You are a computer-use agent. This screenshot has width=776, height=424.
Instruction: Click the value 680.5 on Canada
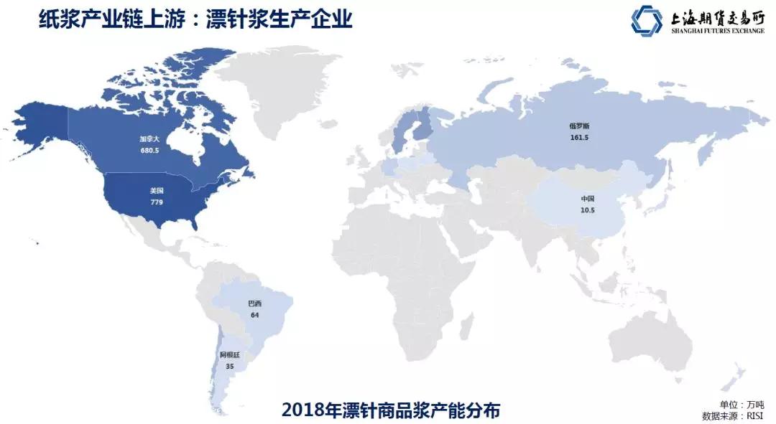click(150, 151)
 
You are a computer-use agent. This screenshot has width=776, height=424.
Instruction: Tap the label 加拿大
click(150, 141)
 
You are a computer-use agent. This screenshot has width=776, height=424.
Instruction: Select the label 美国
click(156, 191)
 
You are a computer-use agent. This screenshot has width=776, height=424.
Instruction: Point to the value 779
click(156, 202)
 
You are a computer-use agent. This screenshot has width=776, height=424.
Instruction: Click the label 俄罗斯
click(578, 126)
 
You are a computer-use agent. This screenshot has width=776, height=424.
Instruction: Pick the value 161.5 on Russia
click(578, 137)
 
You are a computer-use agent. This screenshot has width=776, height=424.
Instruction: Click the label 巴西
click(254, 304)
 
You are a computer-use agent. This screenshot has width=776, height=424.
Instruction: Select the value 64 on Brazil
click(254, 316)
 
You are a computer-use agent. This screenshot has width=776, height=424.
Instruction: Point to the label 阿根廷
click(229, 354)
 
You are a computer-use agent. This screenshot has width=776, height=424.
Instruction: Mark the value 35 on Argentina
click(229, 366)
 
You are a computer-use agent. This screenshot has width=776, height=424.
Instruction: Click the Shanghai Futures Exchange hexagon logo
click(647, 21)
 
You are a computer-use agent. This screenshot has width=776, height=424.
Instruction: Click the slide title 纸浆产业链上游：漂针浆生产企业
click(195, 19)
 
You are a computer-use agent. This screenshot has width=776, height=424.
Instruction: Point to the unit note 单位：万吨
click(742, 404)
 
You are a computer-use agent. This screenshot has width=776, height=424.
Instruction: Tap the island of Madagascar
click(471, 324)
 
